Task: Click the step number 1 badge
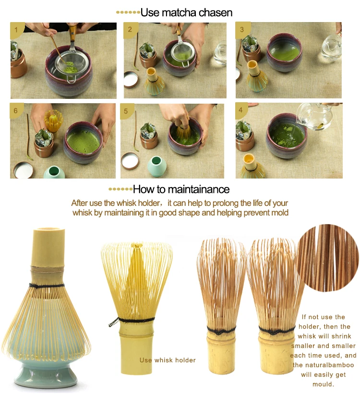click(x=16, y=30)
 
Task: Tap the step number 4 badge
click(x=241, y=110)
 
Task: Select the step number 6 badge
click(x=16, y=110)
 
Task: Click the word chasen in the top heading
click(x=216, y=13)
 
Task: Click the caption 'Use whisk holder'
click(x=168, y=360)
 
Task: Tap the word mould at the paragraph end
click(x=324, y=384)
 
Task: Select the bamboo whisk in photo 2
click(x=154, y=81)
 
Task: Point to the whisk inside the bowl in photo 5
click(x=182, y=131)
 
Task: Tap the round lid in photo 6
click(x=23, y=170)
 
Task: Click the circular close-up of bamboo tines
click(x=327, y=258)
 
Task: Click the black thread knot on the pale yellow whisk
click(x=114, y=322)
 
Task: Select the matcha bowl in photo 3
click(x=284, y=52)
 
